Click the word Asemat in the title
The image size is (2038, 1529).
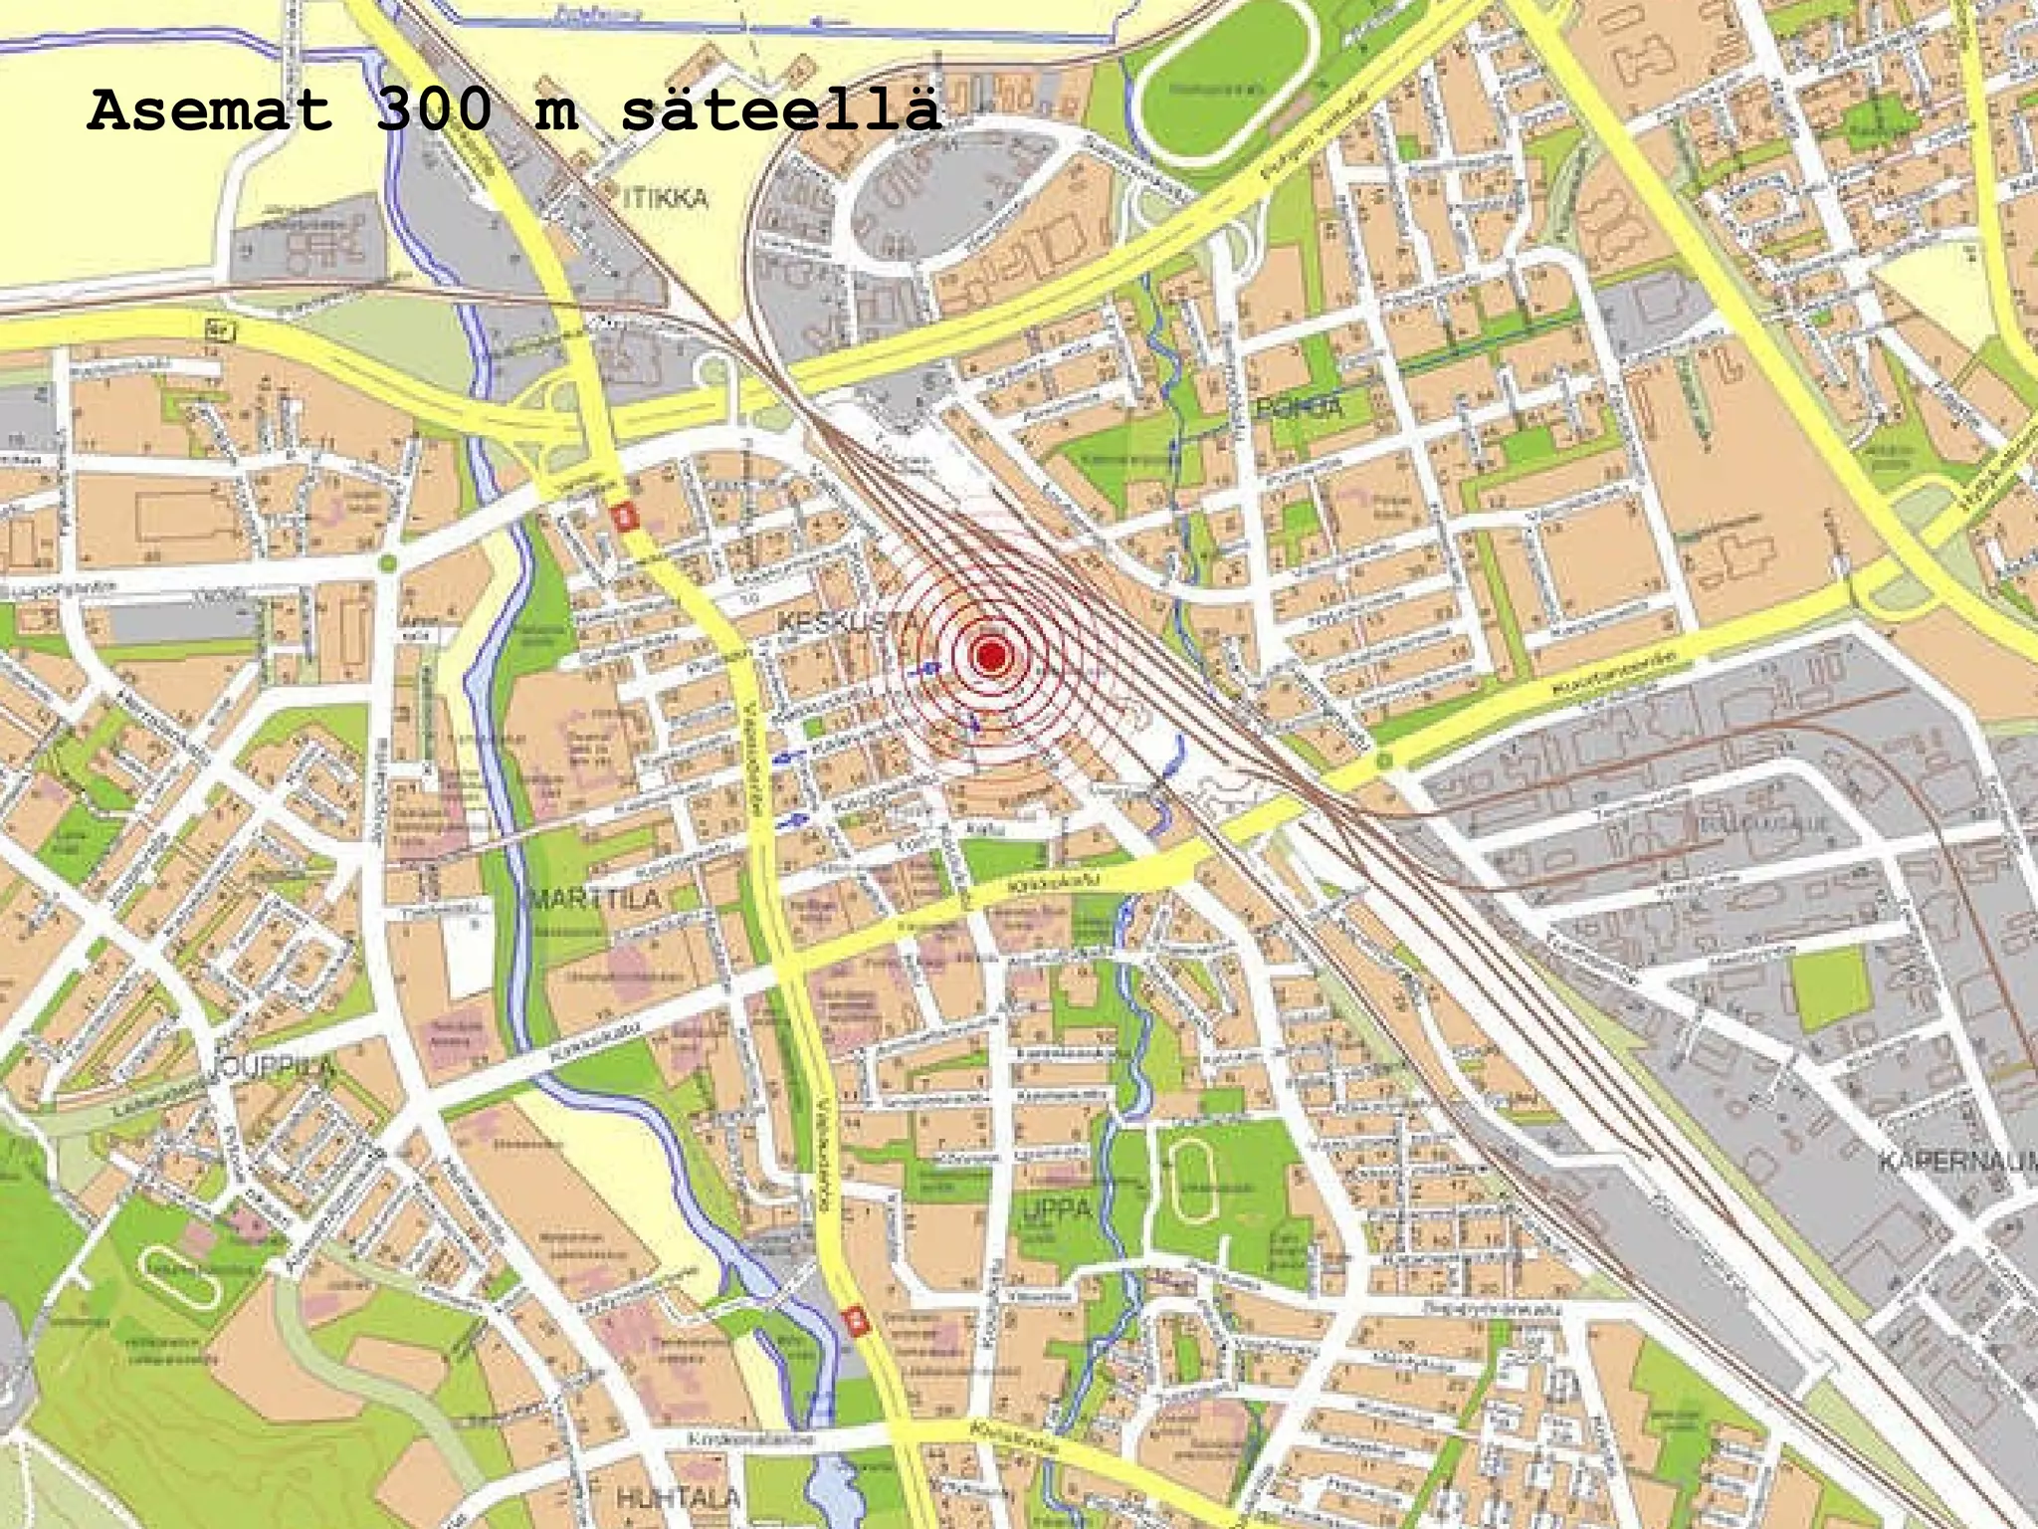[209, 111]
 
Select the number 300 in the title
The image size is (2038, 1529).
[434, 111]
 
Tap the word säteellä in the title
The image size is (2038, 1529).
[780, 111]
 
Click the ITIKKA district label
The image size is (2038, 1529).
[666, 198]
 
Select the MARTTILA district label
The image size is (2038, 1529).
[595, 899]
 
